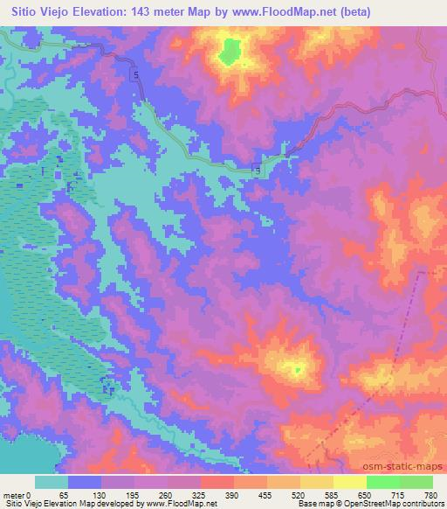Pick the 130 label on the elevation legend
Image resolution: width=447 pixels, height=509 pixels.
[101, 494]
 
